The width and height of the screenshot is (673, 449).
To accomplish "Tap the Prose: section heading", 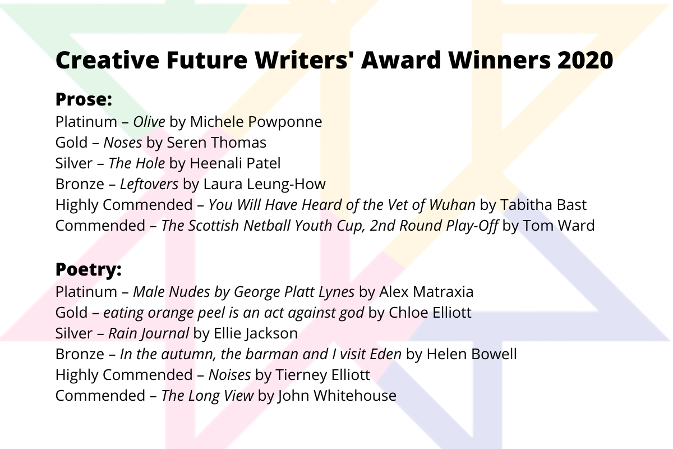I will pyautogui.click(x=84, y=100).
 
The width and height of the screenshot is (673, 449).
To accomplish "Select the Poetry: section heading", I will pyautogui.click(x=89, y=270).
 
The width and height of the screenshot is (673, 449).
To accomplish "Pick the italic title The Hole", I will pyautogui.click(x=137, y=163).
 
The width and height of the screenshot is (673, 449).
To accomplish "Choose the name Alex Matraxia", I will pyautogui.click(x=426, y=292).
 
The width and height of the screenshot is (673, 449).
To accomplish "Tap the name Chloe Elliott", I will pyautogui.click(x=430, y=313).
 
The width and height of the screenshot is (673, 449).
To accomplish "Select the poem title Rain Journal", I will pyautogui.click(x=149, y=333).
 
